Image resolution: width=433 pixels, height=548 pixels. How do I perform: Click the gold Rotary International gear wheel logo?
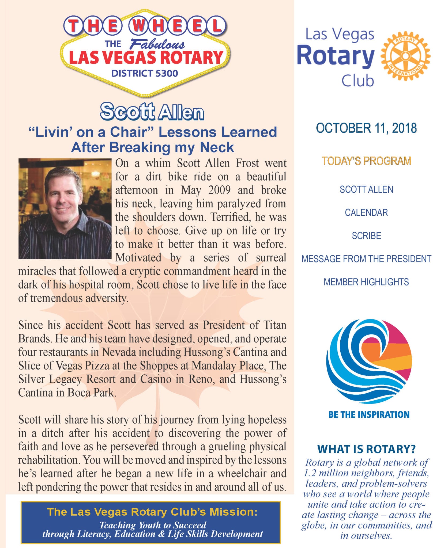click(x=405, y=56)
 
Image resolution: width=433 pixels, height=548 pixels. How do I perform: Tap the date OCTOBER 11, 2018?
click(x=366, y=128)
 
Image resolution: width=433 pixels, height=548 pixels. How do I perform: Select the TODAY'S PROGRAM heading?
click(x=366, y=161)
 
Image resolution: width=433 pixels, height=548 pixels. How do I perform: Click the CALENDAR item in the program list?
click(x=366, y=212)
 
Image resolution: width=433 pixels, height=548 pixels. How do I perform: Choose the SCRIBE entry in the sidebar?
click(x=366, y=236)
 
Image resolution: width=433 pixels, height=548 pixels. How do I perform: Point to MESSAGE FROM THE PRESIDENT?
click(x=366, y=259)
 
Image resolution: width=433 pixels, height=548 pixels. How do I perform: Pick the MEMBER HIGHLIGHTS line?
click(x=366, y=282)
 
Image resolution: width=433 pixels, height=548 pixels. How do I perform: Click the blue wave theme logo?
click(x=369, y=361)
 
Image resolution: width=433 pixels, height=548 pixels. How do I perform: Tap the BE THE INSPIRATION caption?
click(x=369, y=414)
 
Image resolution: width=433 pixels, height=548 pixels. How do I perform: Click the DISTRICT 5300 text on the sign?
click(x=145, y=73)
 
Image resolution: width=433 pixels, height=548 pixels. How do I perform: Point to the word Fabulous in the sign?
click(x=157, y=44)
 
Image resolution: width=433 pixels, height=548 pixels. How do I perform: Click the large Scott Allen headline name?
click(x=152, y=112)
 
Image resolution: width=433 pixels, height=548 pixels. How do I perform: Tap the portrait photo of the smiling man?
click(x=65, y=209)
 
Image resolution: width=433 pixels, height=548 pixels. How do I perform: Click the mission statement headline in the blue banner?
click(x=152, y=512)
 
